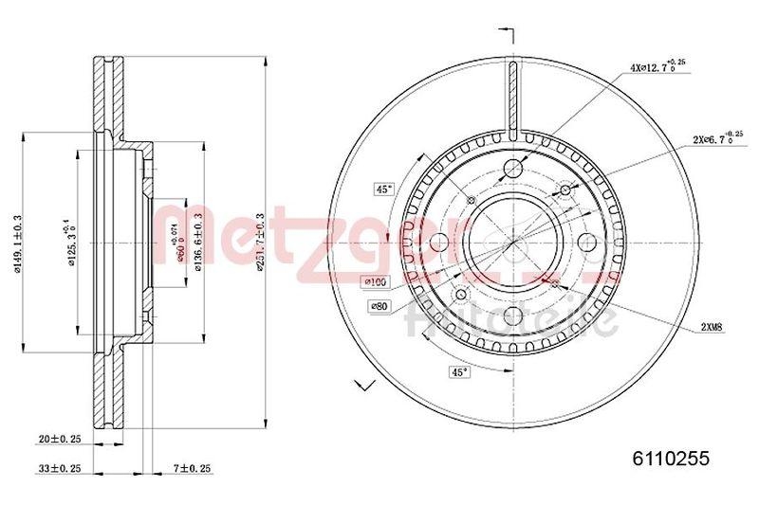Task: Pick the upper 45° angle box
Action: click(383, 189)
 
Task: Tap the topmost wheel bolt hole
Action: click(511, 169)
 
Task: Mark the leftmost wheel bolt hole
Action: click(438, 242)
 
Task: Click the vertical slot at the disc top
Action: click(511, 99)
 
